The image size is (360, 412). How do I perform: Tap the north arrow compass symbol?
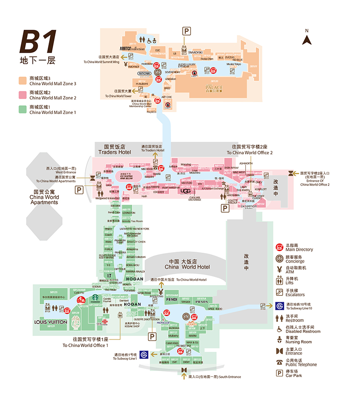tap(307, 40)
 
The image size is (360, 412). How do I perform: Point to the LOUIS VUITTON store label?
tap(50, 322)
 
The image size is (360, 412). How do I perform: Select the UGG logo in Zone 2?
tap(185, 191)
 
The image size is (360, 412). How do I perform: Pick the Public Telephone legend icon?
tap(279, 362)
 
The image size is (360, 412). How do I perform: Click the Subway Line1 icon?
tap(144, 354)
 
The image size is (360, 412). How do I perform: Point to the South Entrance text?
tap(215, 377)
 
